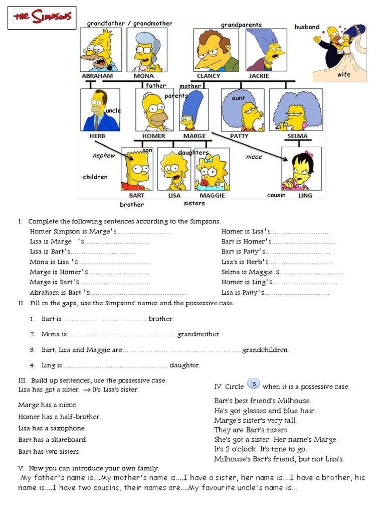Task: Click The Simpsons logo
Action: tap(42, 18)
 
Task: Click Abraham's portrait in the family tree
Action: tap(100, 50)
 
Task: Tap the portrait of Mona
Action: tap(146, 50)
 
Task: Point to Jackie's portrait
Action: tap(266, 50)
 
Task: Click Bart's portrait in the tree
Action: tap(136, 170)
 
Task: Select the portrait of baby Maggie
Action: tap(212, 170)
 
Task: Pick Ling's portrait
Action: tap(301, 170)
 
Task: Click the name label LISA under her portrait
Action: tap(174, 196)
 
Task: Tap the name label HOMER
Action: tap(153, 136)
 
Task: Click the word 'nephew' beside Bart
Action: tap(104, 156)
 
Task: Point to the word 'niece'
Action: tap(254, 157)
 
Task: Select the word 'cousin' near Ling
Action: tap(276, 195)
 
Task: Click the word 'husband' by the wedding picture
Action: tap(307, 27)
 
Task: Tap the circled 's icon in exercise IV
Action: tap(254, 384)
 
